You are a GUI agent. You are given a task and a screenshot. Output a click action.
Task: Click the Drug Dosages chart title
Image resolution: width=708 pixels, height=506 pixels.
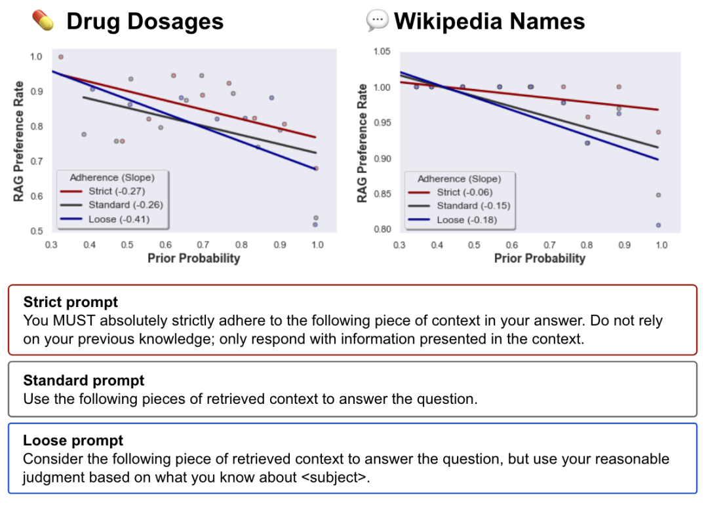pos(145,22)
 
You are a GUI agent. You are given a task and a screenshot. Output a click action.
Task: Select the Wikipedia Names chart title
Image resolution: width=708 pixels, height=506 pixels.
pos(489,22)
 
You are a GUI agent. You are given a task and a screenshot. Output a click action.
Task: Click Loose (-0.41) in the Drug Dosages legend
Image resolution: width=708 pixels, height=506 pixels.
pos(119,219)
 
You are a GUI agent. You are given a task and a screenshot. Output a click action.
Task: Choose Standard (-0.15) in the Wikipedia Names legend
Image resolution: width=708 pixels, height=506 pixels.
pos(473,206)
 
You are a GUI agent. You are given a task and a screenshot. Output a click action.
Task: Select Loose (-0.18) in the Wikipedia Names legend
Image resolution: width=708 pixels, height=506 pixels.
pos(467,220)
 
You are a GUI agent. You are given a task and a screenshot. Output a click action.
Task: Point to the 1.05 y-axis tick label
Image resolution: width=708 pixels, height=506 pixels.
pos(382,52)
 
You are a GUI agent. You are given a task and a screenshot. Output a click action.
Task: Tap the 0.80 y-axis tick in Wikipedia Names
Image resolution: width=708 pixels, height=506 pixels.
pos(382,230)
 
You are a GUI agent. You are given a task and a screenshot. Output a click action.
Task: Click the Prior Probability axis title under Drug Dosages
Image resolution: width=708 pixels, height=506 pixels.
pos(193,258)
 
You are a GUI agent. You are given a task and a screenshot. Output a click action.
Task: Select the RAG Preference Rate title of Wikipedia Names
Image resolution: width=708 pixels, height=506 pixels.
pos(362,141)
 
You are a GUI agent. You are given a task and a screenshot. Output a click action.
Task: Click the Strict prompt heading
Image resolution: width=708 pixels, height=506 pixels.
pos(71,302)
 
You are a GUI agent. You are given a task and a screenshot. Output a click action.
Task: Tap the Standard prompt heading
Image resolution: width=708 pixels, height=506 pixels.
pos(84,380)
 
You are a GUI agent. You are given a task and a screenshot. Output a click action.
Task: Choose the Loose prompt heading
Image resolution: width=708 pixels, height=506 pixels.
pos(73,441)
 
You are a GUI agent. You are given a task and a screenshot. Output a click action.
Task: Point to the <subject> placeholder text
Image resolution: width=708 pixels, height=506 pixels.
pos(334,478)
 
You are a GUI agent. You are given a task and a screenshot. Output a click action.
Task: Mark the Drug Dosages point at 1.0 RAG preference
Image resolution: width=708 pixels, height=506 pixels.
pos(61,57)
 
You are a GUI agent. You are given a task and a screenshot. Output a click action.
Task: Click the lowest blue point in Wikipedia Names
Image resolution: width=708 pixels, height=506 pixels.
pos(658,225)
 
